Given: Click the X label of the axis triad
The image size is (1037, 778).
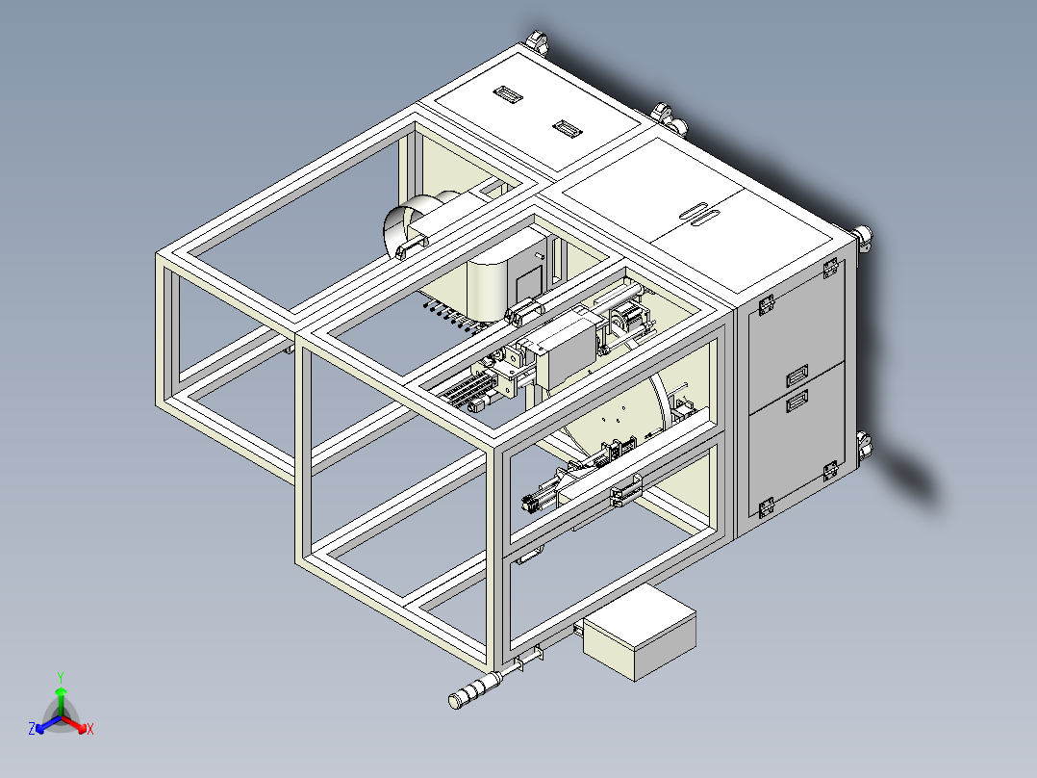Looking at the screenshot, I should click(x=89, y=730).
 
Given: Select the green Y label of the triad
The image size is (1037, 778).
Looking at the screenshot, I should click(x=61, y=677).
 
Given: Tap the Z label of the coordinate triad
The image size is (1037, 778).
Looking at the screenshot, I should click(x=32, y=730).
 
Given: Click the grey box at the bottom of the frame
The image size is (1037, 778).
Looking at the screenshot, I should click(x=639, y=632).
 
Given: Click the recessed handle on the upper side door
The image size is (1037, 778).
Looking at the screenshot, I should click(x=797, y=374).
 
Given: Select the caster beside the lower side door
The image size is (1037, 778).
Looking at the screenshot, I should click(x=865, y=446).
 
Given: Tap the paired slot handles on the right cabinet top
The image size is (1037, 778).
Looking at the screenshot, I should click(x=699, y=214).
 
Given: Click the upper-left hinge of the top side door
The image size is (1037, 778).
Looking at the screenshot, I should click(x=768, y=305).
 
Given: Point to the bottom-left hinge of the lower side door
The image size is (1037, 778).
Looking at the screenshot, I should click(x=767, y=507).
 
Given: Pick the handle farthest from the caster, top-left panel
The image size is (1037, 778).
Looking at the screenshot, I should click(x=506, y=93).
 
